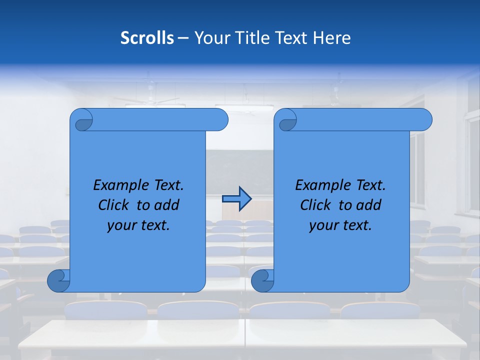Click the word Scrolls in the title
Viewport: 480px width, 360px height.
[147, 38]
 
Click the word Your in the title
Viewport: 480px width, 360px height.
[210, 38]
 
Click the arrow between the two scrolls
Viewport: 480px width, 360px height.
[236, 198]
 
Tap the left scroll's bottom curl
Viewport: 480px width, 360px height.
[58, 280]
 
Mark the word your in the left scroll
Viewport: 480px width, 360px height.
[121, 225]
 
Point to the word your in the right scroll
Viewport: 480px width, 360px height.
[323, 225]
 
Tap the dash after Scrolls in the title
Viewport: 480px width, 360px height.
[183, 38]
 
